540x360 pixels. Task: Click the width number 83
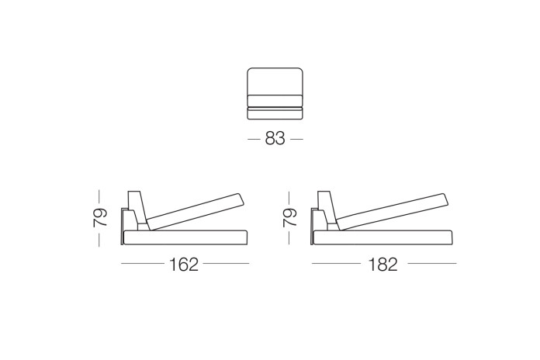tap(275, 139)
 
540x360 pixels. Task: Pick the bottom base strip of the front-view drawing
tap(275, 114)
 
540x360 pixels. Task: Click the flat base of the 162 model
tap(186, 238)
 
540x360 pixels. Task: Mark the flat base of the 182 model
tap(384, 238)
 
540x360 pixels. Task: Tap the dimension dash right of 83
tap(296, 140)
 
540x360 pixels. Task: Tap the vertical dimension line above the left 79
tap(99, 195)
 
